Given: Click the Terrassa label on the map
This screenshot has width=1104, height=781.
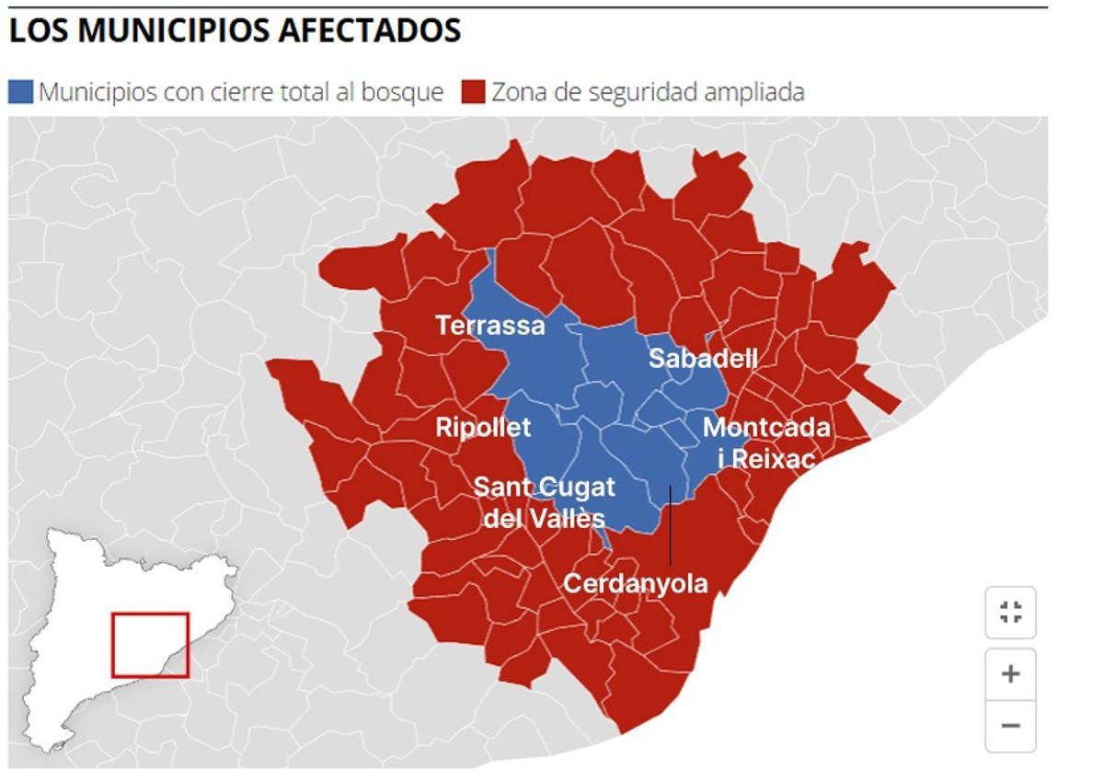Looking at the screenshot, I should pos(490,326).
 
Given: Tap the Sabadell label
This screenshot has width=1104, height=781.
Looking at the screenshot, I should pos(703,358).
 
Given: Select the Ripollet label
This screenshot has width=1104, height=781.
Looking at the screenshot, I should pos(483,427).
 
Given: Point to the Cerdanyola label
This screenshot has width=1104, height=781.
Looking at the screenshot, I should pos(636,583).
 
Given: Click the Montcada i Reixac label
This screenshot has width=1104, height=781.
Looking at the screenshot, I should pos(765,442).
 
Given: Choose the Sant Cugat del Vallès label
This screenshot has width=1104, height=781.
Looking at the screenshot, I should pos(544,502).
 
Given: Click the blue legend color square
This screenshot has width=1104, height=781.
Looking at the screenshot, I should pos(20,92).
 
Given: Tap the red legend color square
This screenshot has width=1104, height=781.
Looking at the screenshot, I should pos(473,92).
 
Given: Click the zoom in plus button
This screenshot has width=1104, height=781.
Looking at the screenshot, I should pos(1010,674).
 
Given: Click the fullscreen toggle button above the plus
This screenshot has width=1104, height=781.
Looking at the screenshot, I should pos(1010,613).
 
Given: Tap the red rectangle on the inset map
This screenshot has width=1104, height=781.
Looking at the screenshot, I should pos(151,645).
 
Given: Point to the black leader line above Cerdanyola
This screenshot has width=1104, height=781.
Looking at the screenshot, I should pos(671,524).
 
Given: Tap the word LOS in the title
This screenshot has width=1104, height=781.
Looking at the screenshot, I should pos(39,31).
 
